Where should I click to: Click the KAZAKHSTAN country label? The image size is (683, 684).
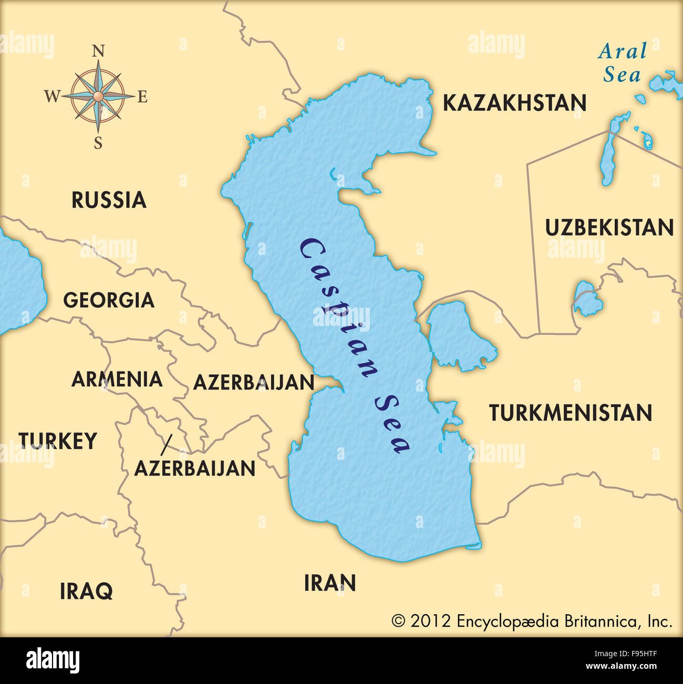pos(514,103)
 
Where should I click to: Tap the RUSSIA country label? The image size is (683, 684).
pos(109,200)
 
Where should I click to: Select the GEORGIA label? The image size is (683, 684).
pos(109,300)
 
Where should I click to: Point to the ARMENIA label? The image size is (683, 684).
pos(117,379)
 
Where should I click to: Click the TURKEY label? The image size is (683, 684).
pos(58,441)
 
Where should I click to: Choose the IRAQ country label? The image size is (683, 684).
pos(86,591)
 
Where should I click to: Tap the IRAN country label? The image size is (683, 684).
pos(330,583)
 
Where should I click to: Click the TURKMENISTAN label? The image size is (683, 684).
pos(571,413)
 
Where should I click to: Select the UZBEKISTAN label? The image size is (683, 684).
pos(609,228)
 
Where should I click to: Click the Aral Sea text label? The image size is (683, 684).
pos(622,62)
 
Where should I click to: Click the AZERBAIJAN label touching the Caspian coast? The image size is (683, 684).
pos(254,382)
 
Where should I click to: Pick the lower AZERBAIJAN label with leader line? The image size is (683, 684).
pos(195,468)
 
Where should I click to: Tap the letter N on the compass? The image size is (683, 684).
pos(98,51)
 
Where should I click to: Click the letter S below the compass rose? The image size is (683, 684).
pos(98,143)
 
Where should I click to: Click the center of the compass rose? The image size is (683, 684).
pos(98,96)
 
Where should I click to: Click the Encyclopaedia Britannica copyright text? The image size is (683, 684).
pos(532,621)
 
